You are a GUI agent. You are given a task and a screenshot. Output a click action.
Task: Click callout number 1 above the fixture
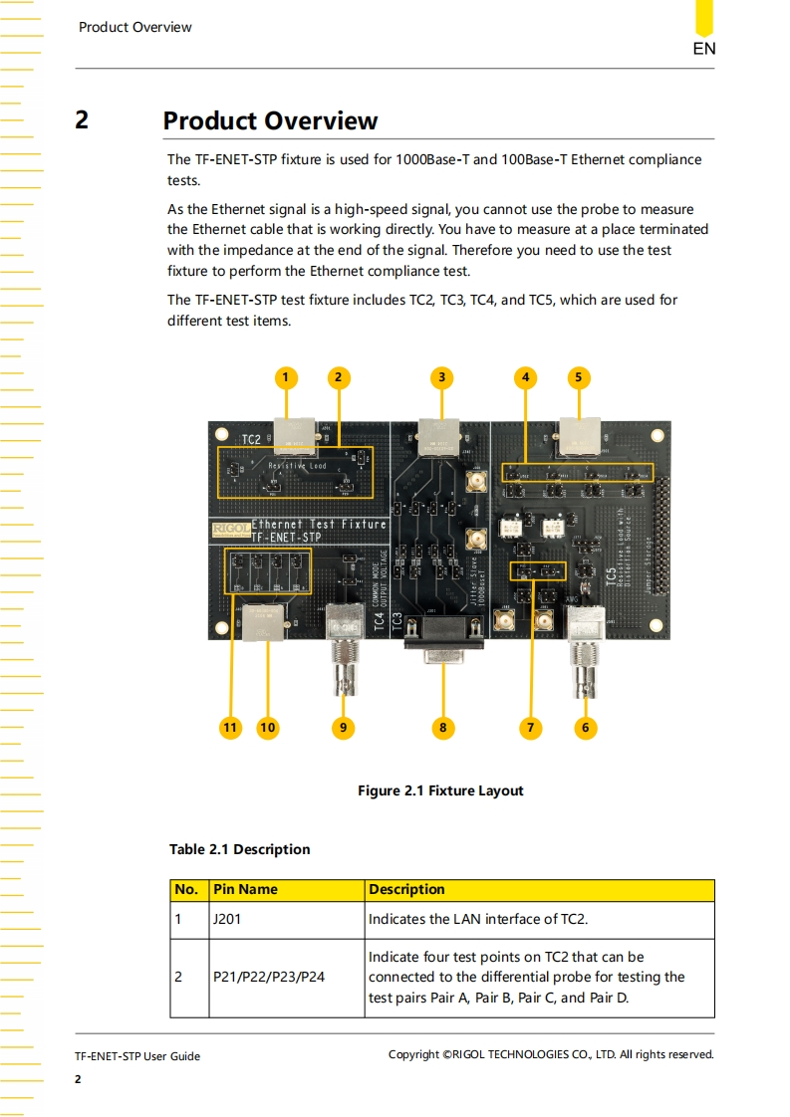[285, 377]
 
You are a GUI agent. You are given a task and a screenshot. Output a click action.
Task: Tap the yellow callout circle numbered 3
[441, 377]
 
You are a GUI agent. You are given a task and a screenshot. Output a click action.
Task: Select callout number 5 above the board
[579, 377]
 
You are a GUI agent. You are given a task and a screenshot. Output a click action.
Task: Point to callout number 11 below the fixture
[230, 728]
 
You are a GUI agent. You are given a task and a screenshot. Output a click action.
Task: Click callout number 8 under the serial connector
[443, 728]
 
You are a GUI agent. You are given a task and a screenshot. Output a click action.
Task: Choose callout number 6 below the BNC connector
[585, 728]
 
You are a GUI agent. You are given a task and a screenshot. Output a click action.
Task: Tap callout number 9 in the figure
[342, 728]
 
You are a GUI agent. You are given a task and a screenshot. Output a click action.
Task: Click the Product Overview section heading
[270, 121]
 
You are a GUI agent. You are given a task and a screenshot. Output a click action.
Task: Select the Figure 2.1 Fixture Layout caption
[440, 790]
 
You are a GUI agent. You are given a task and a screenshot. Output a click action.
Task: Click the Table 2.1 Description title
[239, 849]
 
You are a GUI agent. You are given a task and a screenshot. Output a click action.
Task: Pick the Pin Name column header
[245, 889]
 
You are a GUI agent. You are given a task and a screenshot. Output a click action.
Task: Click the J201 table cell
[227, 919]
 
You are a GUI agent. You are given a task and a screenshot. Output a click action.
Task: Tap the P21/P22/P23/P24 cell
[269, 977]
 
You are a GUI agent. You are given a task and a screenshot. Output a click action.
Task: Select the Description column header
[406, 889]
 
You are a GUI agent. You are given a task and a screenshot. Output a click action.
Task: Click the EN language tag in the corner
[703, 48]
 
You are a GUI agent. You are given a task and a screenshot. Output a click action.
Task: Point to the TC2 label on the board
[251, 439]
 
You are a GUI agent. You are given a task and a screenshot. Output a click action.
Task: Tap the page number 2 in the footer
[79, 1079]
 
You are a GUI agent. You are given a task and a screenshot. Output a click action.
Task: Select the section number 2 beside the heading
[82, 120]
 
